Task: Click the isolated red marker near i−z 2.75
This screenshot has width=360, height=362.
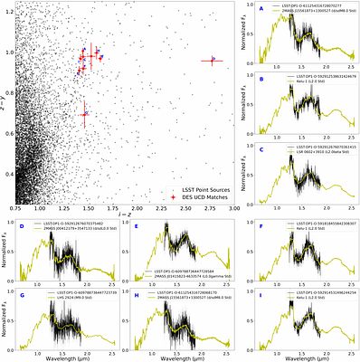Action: coord(213,61)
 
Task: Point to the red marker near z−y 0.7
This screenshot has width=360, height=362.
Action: coord(84,114)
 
